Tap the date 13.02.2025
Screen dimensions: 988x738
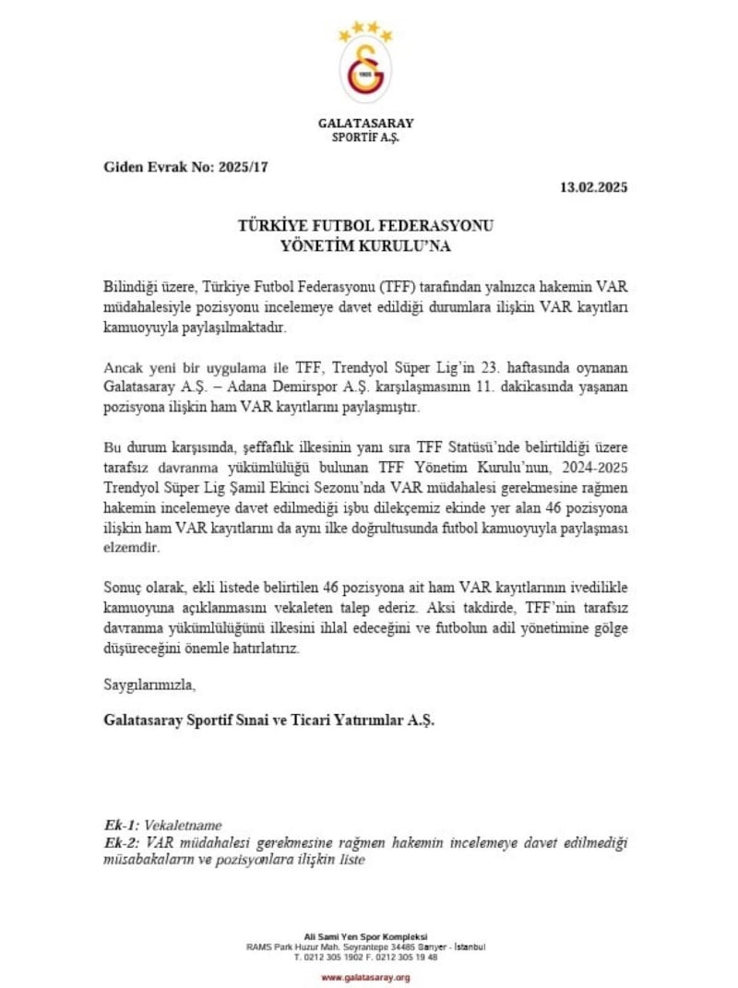point(593,187)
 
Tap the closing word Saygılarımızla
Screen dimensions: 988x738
point(149,685)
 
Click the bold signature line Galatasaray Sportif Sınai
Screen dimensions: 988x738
point(268,721)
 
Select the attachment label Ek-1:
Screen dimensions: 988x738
point(122,826)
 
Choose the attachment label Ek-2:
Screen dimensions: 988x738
point(122,844)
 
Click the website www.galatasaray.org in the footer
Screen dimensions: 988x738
point(365,976)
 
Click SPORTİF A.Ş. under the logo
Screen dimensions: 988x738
point(365,138)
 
